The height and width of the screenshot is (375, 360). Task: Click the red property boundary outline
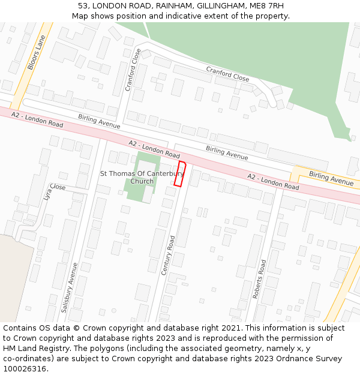[180, 173]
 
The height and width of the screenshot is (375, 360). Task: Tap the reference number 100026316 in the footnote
[25, 369]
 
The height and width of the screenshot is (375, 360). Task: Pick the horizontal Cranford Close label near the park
[227, 74]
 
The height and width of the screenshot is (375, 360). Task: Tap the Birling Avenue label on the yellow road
[331, 178]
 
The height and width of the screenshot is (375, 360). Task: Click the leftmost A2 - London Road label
[37, 119]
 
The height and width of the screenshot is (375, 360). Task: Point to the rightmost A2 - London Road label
[273, 181]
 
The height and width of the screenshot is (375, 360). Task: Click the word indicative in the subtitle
[180, 16]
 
